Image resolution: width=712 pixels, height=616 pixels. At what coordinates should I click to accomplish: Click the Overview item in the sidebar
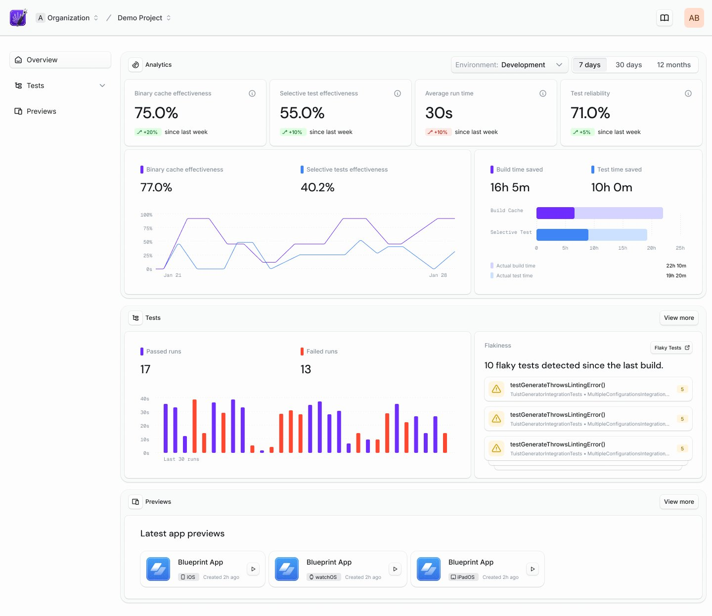point(60,60)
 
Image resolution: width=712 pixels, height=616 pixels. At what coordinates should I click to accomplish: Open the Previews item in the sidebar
point(41,111)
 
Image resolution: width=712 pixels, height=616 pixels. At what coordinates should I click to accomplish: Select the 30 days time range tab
point(628,65)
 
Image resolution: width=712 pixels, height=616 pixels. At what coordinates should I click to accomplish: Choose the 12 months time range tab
point(673,65)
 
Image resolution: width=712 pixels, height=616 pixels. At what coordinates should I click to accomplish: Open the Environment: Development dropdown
point(509,65)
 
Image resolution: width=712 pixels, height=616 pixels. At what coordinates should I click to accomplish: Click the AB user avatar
point(694,18)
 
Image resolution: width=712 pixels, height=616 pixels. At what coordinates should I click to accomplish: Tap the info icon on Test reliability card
point(688,93)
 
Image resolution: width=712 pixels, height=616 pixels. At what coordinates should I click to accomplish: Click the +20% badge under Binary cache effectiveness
point(147,132)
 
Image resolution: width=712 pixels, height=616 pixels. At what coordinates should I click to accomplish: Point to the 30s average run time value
point(439,113)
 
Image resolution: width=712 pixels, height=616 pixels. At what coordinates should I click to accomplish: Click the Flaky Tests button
point(671,348)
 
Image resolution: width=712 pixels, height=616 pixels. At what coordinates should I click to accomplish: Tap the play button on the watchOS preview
point(395,569)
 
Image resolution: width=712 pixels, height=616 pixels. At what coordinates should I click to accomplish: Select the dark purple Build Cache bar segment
point(555,213)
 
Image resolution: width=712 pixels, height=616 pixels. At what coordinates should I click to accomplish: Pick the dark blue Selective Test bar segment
point(562,235)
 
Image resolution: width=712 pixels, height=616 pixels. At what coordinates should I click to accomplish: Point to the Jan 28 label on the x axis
point(438,275)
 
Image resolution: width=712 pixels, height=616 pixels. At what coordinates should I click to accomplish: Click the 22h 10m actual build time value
point(675,266)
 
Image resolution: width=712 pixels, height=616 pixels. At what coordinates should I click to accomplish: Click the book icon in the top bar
point(665,18)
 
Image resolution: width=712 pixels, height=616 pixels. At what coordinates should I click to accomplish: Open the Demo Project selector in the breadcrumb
point(144,18)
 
